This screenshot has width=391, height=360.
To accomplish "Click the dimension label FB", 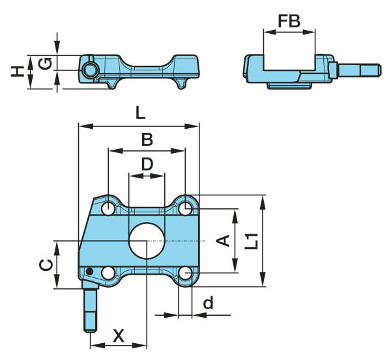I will (289, 21).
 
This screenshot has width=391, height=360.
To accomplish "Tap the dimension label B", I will (147, 139).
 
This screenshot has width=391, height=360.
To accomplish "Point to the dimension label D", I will (147, 163).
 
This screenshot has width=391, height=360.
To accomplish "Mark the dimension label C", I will (44, 264).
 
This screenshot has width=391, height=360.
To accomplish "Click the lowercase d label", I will (209, 303).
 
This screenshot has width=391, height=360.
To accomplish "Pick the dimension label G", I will (44, 63).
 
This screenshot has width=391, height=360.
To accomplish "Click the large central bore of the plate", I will (147, 241).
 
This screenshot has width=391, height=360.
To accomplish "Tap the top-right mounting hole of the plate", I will (186, 208).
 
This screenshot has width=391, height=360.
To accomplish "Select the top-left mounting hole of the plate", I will (108, 208).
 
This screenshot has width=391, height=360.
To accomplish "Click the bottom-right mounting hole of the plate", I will (186, 273).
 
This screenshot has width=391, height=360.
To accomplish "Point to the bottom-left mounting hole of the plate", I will (108, 273).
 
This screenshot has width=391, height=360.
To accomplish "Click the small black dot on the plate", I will (91, 272).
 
